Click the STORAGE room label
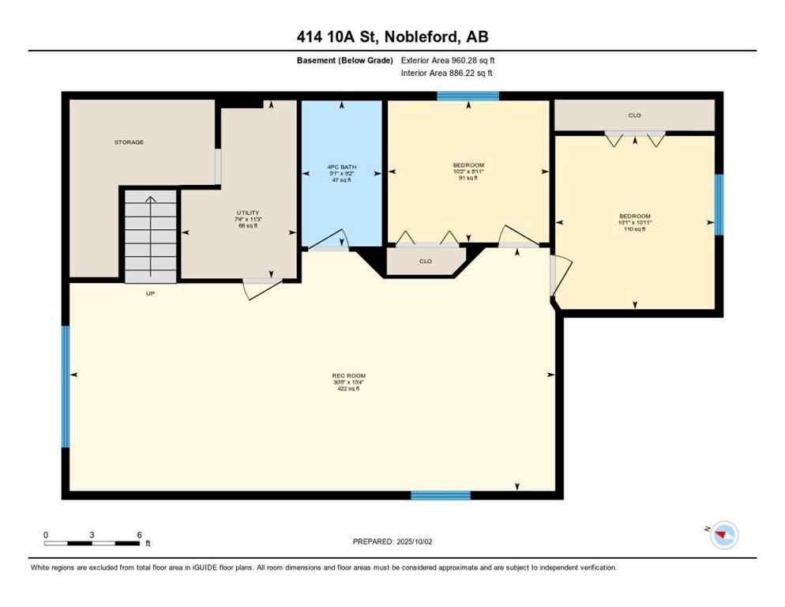(129, 142)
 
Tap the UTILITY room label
(247, 213)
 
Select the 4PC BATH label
(343, 168)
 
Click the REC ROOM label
(348, 376)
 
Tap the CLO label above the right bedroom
(634, 115)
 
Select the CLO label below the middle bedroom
(425, 261)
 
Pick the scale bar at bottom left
(92, 543)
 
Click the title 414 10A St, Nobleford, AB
(392, 36)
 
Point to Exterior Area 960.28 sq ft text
(448, 60)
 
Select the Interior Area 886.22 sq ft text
(448, 74)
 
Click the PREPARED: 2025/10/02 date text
(392, 541)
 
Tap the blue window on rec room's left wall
(66, 386)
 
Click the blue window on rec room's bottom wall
(441, 496)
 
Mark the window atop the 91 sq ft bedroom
(468, 96)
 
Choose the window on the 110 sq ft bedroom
(719, 204)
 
